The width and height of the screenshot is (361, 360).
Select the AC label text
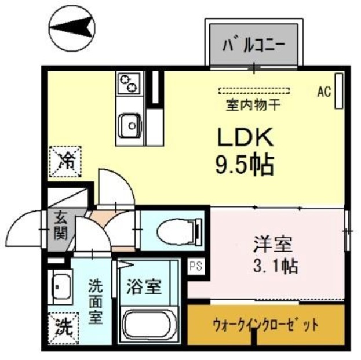[x=323, y=91]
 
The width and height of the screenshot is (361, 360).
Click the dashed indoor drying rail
[x=256, y=90]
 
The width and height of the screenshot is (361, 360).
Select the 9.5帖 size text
[x=245, y=166]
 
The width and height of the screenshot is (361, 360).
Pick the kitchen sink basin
[x=130, y=123]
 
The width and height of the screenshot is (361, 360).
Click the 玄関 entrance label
[x=60, y=226]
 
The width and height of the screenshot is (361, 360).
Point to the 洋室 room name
[x=271, y=243]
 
